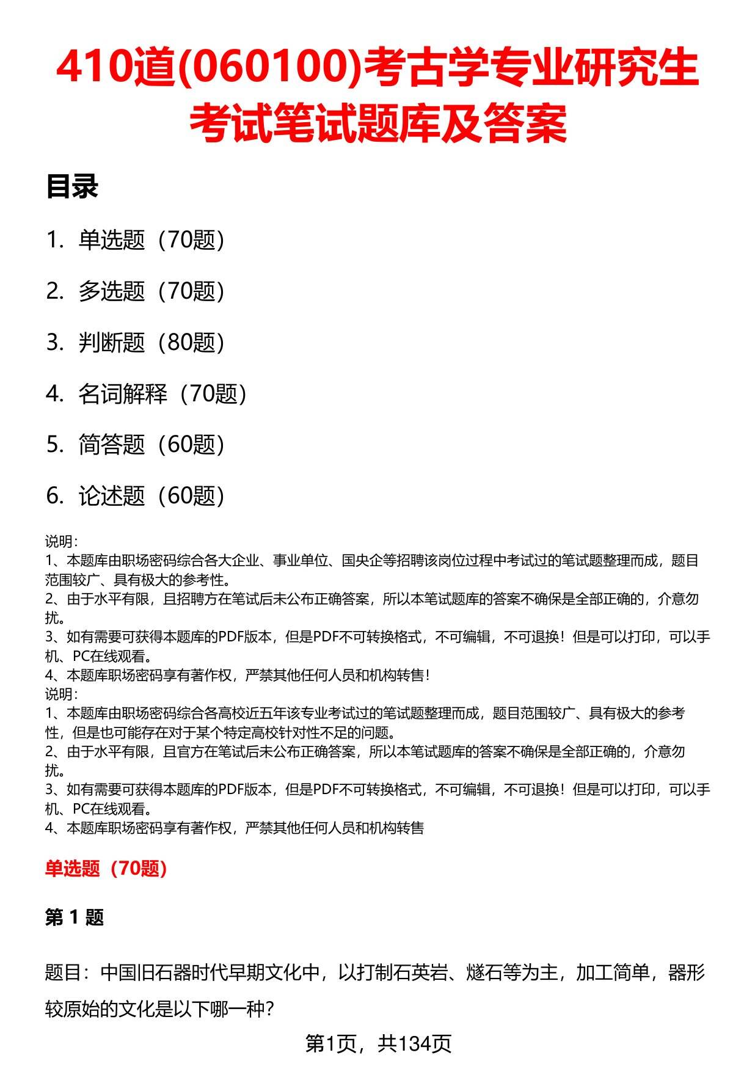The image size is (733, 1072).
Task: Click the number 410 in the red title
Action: click(94, 68)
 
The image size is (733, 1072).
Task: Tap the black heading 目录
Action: click(72, 187)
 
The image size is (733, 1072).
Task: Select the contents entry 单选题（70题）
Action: click(151, 240)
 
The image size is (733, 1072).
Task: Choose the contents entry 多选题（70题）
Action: click(151, 291)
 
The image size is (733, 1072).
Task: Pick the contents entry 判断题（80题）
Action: click(151, 343)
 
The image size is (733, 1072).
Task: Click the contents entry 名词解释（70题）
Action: click(162, 394)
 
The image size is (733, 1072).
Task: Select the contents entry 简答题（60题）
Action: click(151, 445)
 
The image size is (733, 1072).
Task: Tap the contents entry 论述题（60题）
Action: click(151, 496)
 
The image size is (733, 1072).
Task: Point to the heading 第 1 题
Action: click(75, 917)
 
